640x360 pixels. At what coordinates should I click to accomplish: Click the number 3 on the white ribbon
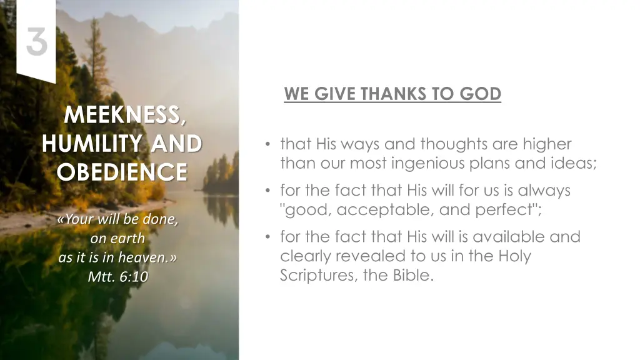(37, 42)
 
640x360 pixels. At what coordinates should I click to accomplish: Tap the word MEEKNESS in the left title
(123, 116)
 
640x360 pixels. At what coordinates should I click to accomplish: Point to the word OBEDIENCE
(122, 171)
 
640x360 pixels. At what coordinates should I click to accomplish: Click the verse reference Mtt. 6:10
(118, 277)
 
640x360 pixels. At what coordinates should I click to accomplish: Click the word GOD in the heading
(481, 94)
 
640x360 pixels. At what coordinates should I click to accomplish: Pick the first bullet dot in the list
(267, 145)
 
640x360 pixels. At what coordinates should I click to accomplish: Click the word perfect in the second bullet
(507, 210)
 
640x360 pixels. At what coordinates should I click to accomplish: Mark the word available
(507, 237)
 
